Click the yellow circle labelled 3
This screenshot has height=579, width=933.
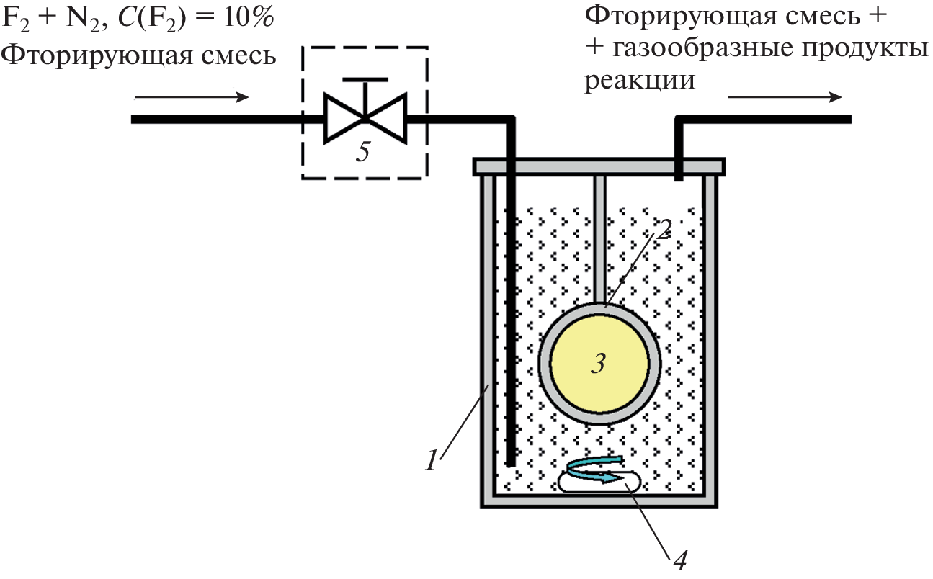coord(598,362)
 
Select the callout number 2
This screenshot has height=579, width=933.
coord(664,228)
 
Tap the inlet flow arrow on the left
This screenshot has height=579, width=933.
coord(192,97)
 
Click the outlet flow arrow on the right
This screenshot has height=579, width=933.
coord(785,97)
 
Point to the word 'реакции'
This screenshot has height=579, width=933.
coord(640,80)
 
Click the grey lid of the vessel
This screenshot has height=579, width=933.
coord(598,167)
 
